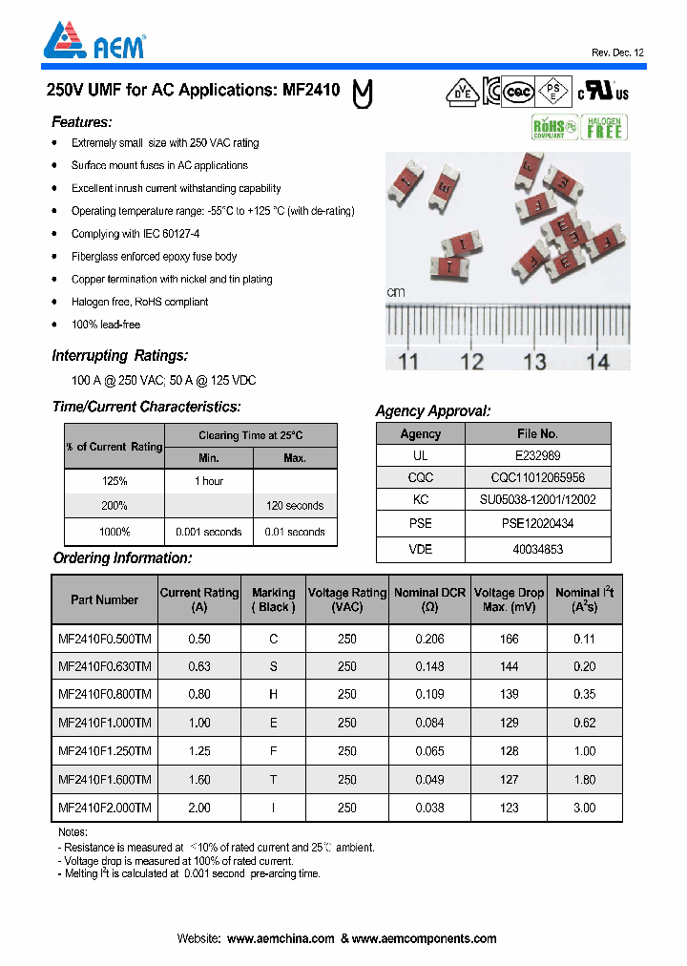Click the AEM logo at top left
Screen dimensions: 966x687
click(93, 42)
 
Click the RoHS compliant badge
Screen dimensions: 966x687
click(553, 127)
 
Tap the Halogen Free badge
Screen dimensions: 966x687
click(604, 127)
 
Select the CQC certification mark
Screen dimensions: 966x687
click(517, 91)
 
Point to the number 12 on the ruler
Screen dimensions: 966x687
click(471, 361)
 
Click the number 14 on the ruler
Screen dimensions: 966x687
click(597, 361)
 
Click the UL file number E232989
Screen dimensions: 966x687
click(537, 456)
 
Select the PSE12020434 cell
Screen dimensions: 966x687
click(537, 524)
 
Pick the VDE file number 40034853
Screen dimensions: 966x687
click(537, 549)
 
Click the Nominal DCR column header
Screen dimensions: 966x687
click(429, 599)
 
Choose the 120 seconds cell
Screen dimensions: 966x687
click(295, 506)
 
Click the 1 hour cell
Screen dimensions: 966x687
click(209, 481)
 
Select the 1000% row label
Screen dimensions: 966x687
click(114, 532)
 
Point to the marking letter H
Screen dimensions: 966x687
click(274, 695)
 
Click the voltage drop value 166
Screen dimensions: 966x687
click(510, 639)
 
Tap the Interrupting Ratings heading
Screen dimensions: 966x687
click(119, 356)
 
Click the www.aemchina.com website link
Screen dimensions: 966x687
click(281, 939)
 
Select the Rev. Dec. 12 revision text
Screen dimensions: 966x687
click(617, 52)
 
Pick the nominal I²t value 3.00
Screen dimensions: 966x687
click(584, 808)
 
